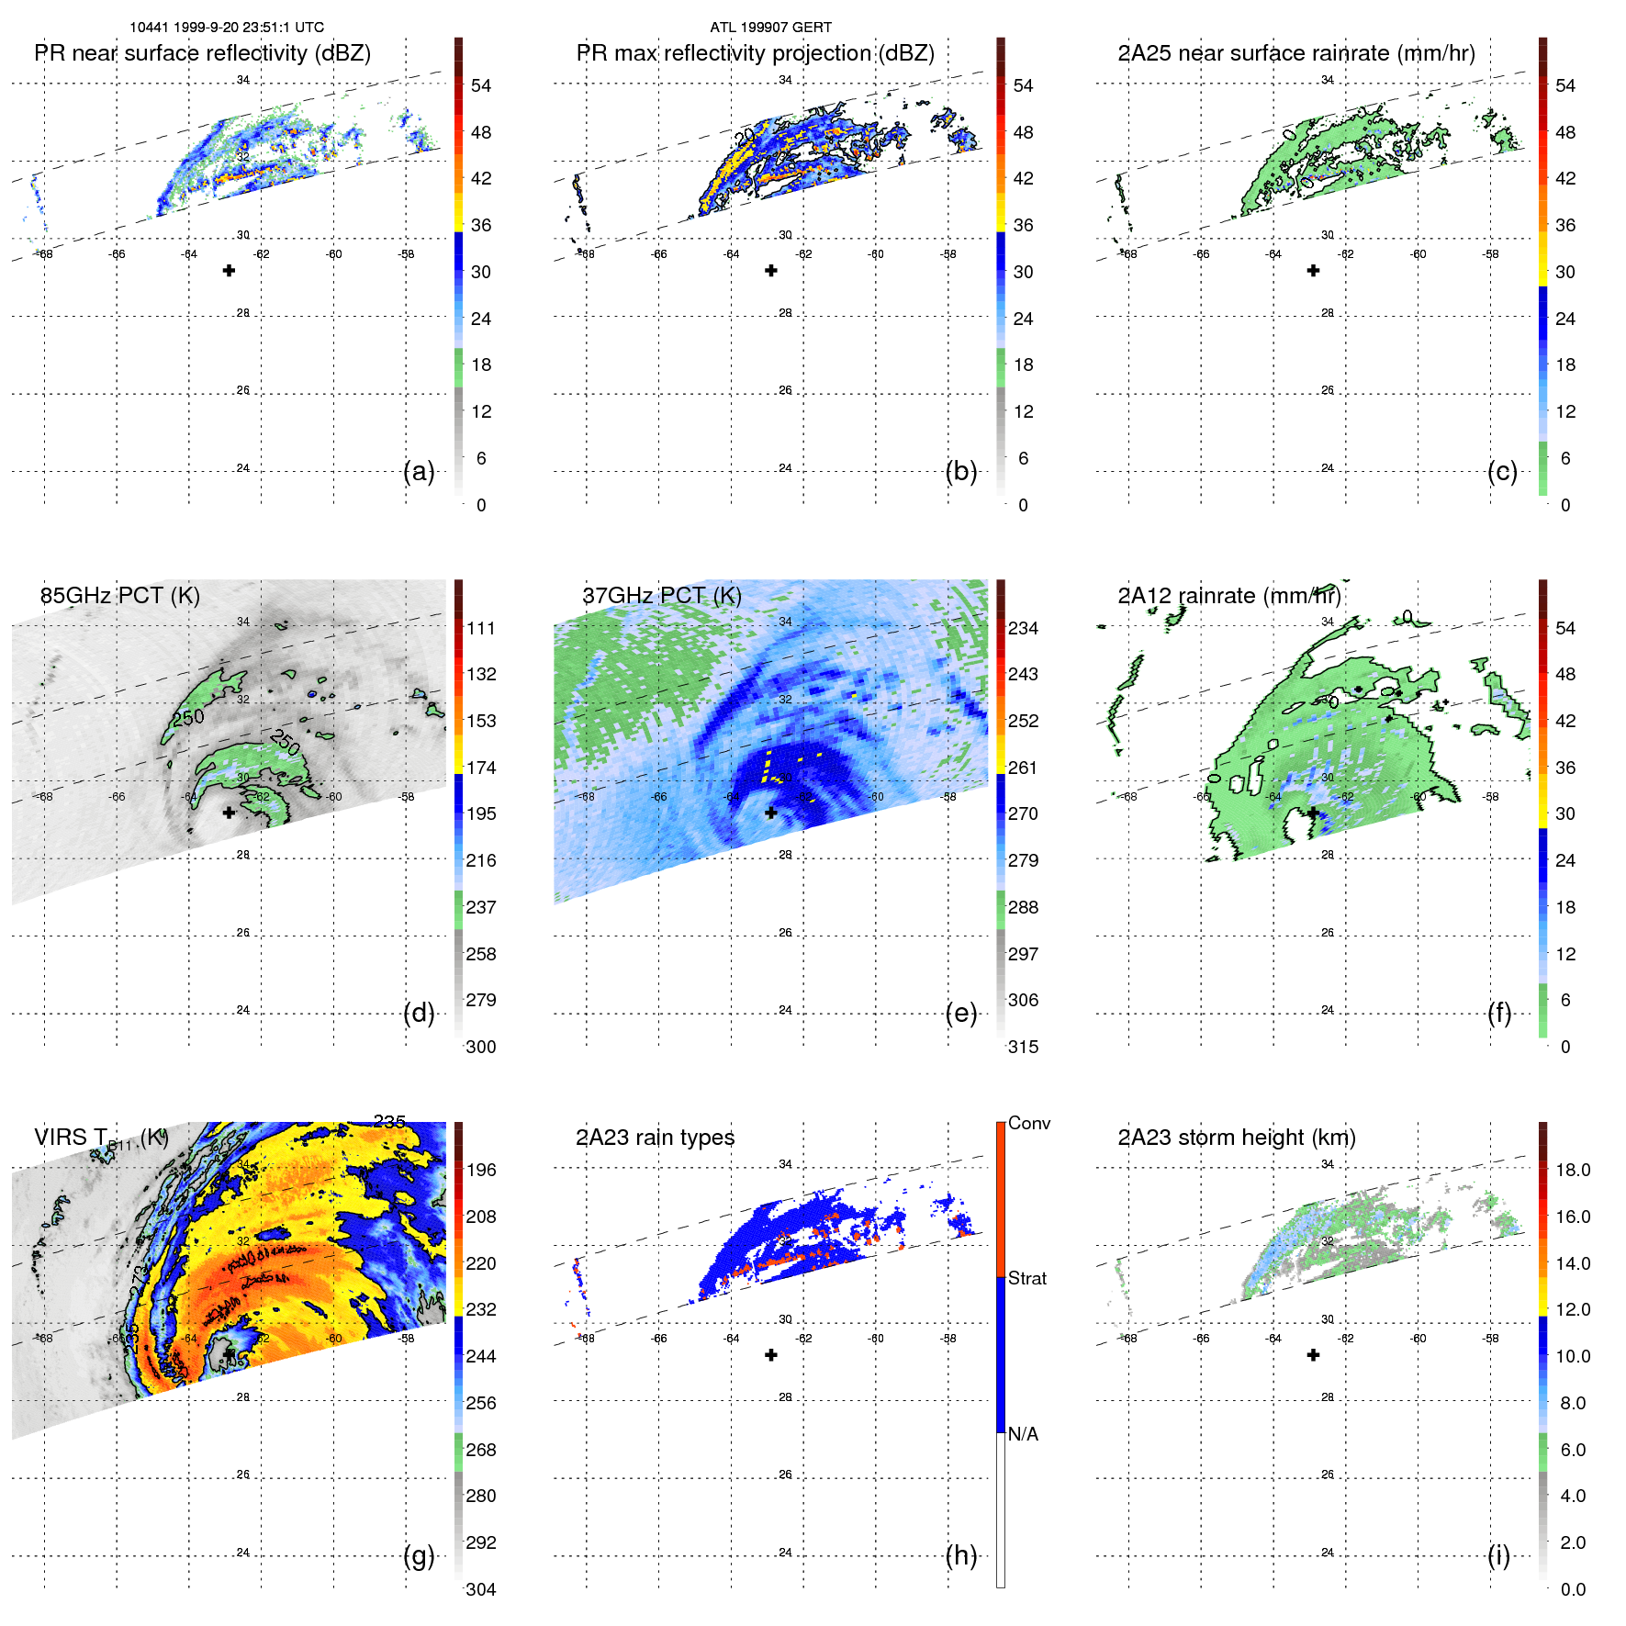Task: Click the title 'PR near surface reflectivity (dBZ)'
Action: pyautogui.click(x=202, y=53)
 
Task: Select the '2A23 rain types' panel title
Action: pyautogui.click(x=655, y=1138)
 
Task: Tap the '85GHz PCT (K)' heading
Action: pyautogui.click(x=119, y=595)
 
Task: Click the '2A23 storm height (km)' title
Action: pyautogui.click(x=1236, y=1138)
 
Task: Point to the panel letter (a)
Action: pyautogui.click(x=419, y=471)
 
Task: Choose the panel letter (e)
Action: pyautogui.click(x=960, y=1013)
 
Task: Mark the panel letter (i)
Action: pyautogui.click(x=1498, y=1555)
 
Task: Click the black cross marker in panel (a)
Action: pyautogui.click(x=229, y=270)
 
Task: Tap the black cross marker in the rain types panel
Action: pyautogui.click(x=771, y=1354)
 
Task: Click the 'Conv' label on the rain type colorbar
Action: pyautogui.click(x=1028, y=1123)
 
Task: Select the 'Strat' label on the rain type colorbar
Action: pyautogui.click(x=1026, y=1278)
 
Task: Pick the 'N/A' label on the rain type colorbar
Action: pyautogui.click(x=1023, y=1433)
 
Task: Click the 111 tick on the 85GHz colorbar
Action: pyautogui.click(x=481, y=628)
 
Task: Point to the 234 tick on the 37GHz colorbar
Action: pyautogui.click(x=1023, y=628)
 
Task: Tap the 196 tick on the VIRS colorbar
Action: pyautogui.click(x=481, y=1170)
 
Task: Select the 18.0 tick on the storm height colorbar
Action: pyautogui.click(x=1573, y=1170)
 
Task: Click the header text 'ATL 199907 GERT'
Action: pyautogui.click(x=770, y=28)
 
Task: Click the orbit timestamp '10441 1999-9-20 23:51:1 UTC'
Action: pyautogui.click(x=227, y=28)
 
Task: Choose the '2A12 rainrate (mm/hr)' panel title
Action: pyautogui.click(x=1228, y=595)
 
